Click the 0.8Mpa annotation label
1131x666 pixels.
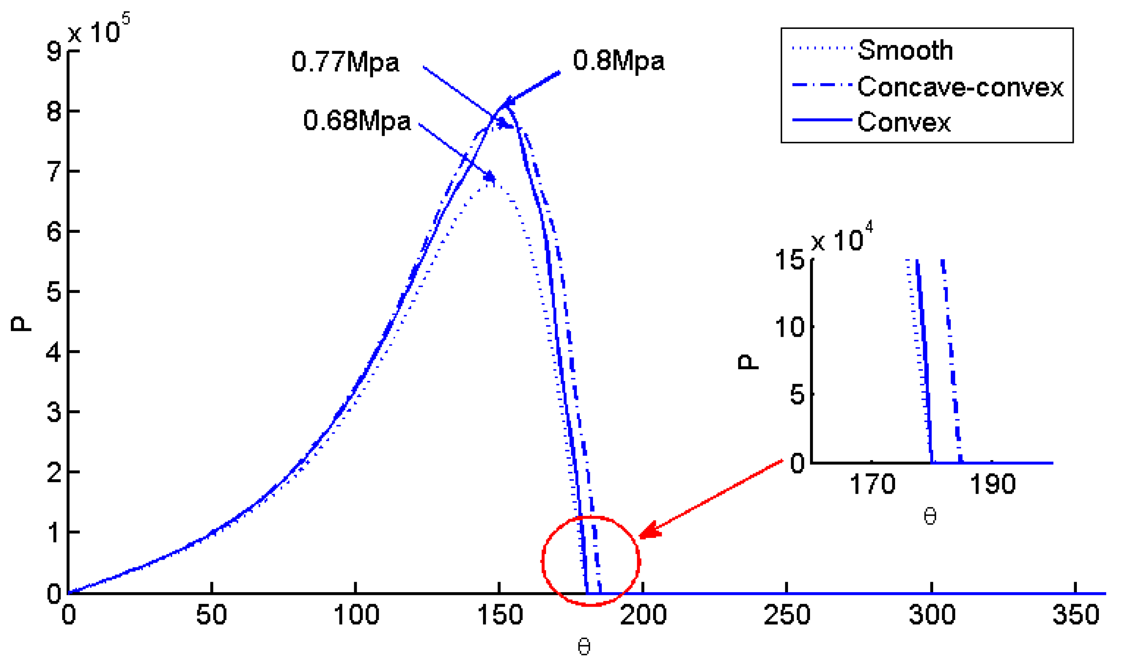click(x=619, y=61)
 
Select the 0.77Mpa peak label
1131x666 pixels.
click(x=345, y=62)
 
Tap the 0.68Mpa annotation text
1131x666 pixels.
click(x=357, y=121)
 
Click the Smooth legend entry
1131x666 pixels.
click(x=905, y=50)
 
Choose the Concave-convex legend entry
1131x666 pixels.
click(x=960, y=87)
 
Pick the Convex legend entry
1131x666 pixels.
click(x=904, y=122)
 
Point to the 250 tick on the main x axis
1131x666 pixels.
click(x=787, y=614)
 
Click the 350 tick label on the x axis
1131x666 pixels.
click(x=1075, y=614)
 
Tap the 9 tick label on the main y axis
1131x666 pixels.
click(x=54, y=51)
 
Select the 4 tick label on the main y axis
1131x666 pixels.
click(x=54, y=352)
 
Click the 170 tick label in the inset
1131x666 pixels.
click(x=872, y=485)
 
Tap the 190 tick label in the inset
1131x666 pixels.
click(x=992, y=485)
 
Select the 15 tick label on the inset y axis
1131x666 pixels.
click(x=790, y=260)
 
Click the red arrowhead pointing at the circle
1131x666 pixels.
click(x=650, y=530)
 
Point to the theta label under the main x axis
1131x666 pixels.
click(x=583, y=647)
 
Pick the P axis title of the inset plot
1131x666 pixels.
click(x=748, y=362)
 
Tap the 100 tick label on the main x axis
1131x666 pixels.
click(x=356, y=614)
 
